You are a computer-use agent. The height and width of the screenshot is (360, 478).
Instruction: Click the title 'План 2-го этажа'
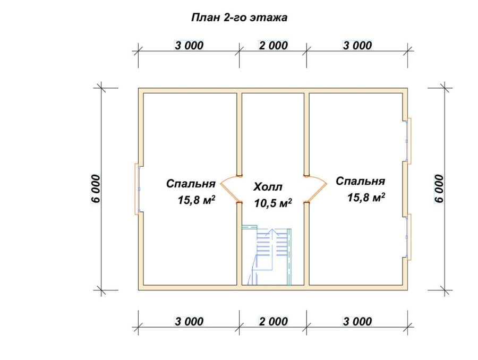(x=240, y=18)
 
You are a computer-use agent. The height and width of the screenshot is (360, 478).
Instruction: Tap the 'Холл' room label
(x=268, y=187)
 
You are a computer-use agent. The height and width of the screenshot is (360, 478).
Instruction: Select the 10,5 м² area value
(x=273, y=203)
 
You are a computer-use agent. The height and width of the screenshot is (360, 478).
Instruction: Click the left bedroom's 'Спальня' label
(x=191, y=184)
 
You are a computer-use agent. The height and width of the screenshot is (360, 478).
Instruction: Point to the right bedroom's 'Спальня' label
(x=360, y=181)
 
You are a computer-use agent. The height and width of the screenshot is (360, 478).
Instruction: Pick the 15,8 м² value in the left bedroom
(x=197, y=200)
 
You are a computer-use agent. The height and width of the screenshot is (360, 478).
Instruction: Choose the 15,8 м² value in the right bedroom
(x=366, y=197)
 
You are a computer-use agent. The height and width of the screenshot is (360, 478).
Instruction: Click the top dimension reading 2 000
(x=273, y=46)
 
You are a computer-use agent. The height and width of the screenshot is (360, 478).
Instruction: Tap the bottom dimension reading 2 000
(x=273, y=321)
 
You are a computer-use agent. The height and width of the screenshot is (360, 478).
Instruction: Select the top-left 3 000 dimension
(x=189, y=46)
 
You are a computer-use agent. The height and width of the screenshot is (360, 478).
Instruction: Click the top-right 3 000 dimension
(x=357, y=46)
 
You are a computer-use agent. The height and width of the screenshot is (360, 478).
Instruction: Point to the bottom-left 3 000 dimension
(x=189, y=321)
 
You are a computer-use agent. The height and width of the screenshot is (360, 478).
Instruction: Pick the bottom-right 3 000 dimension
(x=357, y=321)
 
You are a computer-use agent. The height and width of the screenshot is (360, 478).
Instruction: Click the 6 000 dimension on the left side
(x=96, y=188)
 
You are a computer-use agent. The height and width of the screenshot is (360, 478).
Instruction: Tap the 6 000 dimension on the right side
(x=439, y=188)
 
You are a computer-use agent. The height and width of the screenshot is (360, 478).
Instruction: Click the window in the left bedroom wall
(x=138, y=189)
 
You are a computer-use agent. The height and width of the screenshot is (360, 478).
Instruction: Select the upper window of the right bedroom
(x=408, y=141)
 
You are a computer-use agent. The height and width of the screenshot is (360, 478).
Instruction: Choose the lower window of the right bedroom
(x=408, y=237)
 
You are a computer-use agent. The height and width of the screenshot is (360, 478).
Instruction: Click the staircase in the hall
(x=267, y=255)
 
